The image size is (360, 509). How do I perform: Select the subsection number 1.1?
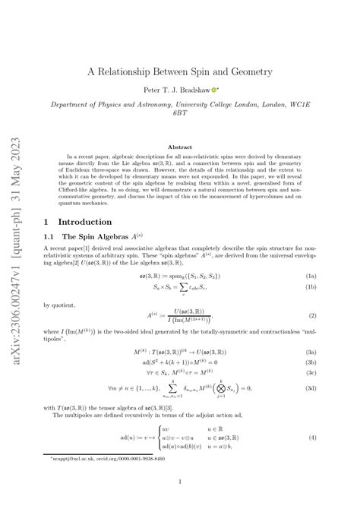point(53,238)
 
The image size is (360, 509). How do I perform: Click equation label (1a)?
point(331,277)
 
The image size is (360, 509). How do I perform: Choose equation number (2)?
point(333,315)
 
